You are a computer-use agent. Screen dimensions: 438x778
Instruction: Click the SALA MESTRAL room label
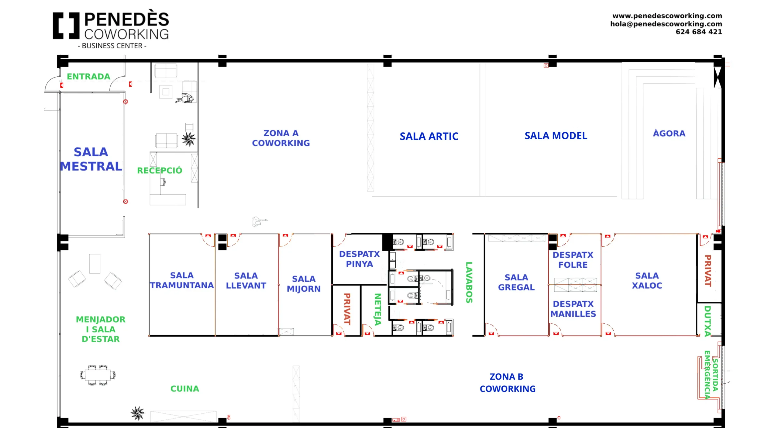[91, 159]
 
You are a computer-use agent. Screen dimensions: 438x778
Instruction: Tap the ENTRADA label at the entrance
[88, 77]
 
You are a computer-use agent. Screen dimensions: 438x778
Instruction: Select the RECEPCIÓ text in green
[160, 170]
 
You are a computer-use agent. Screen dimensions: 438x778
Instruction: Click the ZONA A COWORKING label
[281, 138]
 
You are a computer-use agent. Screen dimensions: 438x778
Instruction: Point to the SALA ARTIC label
[429, 136]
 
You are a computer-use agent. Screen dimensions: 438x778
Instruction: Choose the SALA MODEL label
[556, 136]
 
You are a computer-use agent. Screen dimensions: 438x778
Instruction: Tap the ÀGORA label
[669, 134]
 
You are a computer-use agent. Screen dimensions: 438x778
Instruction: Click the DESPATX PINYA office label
[359, 259]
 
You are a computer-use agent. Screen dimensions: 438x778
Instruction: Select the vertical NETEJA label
[377, 309]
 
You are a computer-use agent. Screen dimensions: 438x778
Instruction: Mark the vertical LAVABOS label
[469, 282]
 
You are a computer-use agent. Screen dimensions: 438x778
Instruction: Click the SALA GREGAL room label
[516, 282]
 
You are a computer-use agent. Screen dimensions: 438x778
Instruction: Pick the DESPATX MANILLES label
[573, 309]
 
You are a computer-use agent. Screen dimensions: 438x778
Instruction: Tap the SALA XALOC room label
[647, 280]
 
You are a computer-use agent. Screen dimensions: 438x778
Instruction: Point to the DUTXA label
[707, 321]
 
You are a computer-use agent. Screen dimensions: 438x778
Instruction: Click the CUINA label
[184, 389]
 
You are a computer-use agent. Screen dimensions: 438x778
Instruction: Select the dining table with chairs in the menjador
[98, 375]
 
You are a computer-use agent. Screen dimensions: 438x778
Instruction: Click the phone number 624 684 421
[698, 32]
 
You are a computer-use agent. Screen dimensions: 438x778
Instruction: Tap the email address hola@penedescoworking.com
[666, 24]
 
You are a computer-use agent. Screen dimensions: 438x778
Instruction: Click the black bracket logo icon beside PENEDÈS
[66, 26]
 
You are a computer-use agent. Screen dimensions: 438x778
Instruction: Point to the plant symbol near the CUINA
[138, 413]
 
